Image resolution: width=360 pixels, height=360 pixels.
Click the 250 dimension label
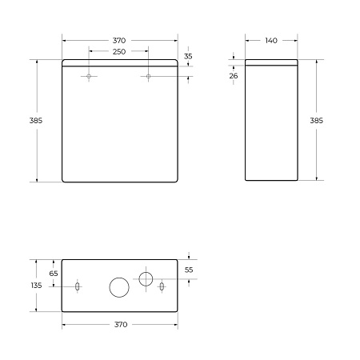[119, 52]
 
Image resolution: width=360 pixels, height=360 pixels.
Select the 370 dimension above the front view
[119, 40]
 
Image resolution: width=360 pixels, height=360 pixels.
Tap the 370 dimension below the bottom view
[119, 324]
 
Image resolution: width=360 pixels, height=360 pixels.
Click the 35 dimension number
[188, 56]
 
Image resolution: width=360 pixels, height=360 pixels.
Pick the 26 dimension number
[234, 75]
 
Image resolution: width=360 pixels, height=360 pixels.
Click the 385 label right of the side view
[317, 121]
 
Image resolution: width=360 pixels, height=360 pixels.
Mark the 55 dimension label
[189, 270]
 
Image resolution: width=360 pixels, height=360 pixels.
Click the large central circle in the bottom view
[119, 286]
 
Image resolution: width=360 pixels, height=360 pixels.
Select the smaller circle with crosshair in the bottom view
[146, 278]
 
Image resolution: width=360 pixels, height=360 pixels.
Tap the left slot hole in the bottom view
[77, 286]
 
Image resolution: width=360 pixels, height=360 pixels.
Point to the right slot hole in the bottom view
[162, 286]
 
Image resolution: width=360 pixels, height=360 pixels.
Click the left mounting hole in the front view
[90, 77]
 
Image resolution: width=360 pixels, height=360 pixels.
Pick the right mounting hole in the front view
[149, 77]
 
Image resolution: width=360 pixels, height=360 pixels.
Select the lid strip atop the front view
[119, 63]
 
